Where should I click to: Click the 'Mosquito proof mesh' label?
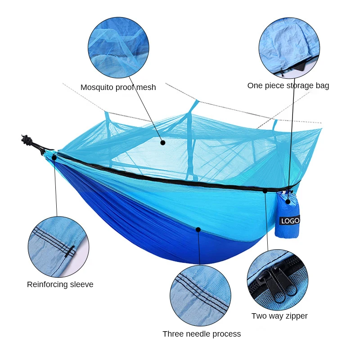click(118, 87)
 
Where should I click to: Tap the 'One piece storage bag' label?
click(288, 85)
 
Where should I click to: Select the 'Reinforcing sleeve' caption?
click(60, 284)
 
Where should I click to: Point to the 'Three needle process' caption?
click(202, 334)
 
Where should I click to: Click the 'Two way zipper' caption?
click(279, 316)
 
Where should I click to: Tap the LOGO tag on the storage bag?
click(289, 220)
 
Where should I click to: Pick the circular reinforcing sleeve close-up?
click(58, 247)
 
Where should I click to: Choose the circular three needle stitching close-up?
click(200, 296)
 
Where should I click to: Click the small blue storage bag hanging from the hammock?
click(287, 215)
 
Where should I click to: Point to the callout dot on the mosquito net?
click(163, 143)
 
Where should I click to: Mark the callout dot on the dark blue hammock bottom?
click(198, 229)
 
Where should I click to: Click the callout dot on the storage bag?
click(288, 202)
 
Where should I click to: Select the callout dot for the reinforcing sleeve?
click(54, 157)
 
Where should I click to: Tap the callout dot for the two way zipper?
click(265, 191)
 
